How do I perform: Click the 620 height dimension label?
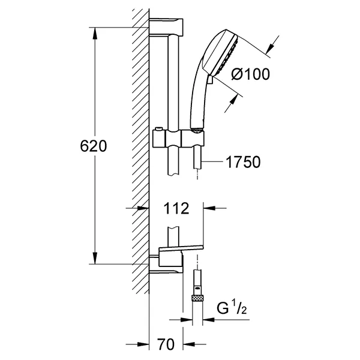(94, 146)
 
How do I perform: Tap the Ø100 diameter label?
(250, 74)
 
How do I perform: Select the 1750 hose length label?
(244, 162)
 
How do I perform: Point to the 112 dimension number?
(176, 208)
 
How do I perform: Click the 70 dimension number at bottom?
(166, 344)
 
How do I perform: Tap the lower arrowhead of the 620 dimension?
(95, 258)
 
